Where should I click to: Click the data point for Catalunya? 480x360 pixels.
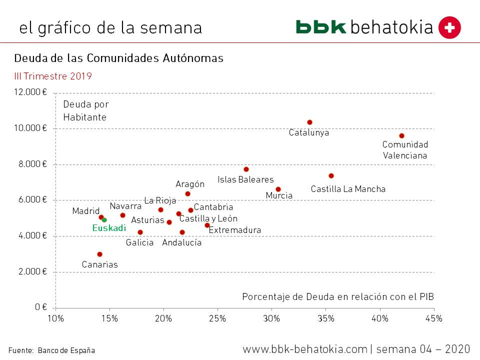[309, 122]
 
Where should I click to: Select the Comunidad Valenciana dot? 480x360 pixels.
[401, 136]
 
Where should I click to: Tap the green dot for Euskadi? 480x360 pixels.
[104, 220]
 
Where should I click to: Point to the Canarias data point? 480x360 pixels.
[99, 254]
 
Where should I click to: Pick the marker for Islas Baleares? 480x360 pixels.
[246, 169]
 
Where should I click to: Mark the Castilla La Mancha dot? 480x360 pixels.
[331, 175]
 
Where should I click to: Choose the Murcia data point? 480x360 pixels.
[278, 189]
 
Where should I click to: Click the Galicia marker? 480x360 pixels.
[140, 232]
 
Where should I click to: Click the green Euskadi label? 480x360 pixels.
[109, 228]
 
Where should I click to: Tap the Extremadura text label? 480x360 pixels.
[234, 230]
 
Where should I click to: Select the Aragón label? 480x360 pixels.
[190, 184]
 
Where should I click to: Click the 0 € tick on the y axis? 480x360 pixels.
[41, 307]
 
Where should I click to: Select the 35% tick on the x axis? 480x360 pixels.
[325, 318]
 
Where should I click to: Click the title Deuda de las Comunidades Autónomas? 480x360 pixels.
[118, 58]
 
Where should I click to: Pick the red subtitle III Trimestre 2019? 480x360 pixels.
[53, 76]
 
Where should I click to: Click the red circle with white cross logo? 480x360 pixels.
[449, 27]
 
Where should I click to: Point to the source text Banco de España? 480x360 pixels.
[66, 350]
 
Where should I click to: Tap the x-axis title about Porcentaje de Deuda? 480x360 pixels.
[338, 296]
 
